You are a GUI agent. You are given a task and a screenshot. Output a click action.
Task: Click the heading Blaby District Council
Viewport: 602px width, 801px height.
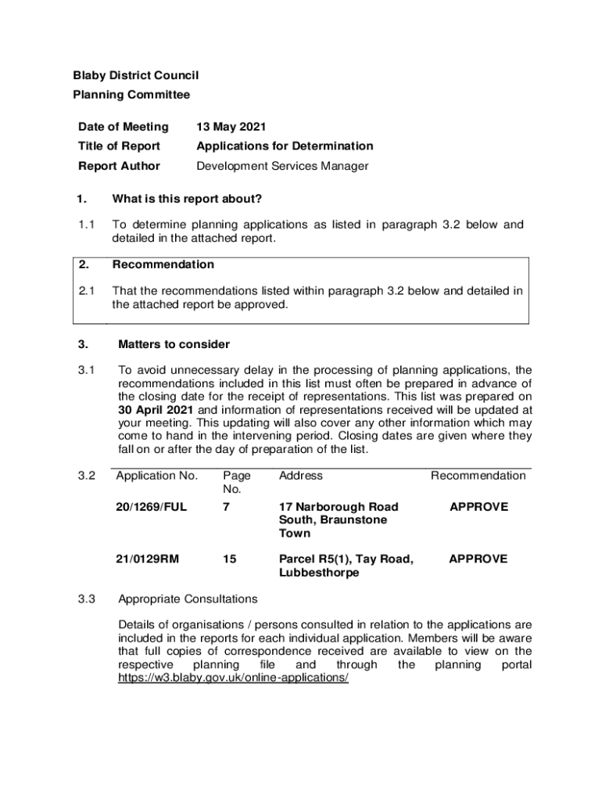[x=125, y=75]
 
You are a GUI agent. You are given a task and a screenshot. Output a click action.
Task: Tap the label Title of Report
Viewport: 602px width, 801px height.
[x=119, y=146]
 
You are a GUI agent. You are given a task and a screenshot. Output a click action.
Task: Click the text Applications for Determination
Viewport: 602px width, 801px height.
[x=285, y=146]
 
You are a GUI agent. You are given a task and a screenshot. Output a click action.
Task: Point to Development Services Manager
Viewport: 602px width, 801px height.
[x=282, y=166]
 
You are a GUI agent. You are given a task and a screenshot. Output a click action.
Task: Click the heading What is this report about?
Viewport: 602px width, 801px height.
[x=187, y=199]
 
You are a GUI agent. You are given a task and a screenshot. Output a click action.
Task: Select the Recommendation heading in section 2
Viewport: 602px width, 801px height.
[x=163, y=264]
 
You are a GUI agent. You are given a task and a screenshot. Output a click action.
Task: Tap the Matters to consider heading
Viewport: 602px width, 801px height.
[x=174, y=344]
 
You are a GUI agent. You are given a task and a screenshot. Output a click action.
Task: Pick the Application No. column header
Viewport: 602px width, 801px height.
[x=156, y=476]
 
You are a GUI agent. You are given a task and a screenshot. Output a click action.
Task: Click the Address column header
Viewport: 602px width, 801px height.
[x=300, y=476]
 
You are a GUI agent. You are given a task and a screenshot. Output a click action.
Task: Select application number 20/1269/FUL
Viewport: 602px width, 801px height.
[x=152, y=507]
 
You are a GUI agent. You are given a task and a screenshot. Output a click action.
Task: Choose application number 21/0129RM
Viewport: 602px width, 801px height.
[x=148, y=559]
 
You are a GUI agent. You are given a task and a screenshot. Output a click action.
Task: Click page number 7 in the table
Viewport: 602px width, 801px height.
[x=226, y=507]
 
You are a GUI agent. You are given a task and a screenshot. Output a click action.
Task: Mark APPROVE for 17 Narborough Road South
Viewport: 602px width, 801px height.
[x=478, y=507]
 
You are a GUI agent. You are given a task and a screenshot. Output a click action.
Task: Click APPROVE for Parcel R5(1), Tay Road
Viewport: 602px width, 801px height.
[x=478, y=559]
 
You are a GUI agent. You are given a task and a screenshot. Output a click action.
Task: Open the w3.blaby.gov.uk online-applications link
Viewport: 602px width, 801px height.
[x=233, y=678]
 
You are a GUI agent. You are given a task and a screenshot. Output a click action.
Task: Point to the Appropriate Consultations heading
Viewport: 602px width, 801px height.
[x=187, y=599]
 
